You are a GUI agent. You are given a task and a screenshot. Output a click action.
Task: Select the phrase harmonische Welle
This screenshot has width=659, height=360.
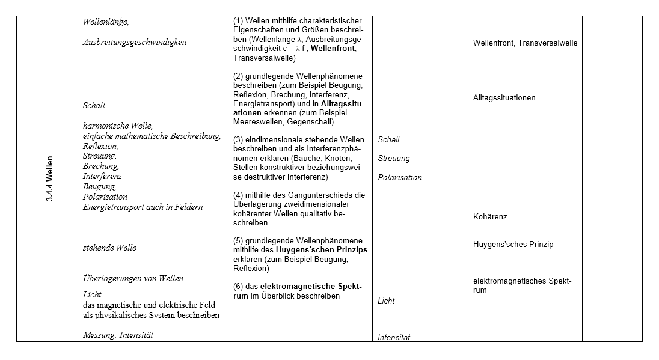click(118, 126)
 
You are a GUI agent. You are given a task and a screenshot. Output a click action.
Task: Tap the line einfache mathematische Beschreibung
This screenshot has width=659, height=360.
click(152, 136)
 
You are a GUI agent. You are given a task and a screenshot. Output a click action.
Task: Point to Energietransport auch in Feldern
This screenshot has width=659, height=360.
click(143, 207)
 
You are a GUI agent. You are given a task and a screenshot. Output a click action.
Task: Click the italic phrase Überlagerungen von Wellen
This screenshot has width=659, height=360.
click(133, 278)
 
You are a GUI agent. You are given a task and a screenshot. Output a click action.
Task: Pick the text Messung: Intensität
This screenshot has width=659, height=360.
click(118, 335)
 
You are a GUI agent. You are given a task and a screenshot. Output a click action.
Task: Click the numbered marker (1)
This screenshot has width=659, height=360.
click(238, 20)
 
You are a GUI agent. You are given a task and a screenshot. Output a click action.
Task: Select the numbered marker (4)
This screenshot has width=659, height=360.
click(238, 195)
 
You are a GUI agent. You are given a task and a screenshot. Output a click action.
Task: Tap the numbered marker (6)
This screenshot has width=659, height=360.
click(238, 286)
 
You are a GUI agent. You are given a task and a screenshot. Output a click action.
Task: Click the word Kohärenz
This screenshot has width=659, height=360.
click(490, 216)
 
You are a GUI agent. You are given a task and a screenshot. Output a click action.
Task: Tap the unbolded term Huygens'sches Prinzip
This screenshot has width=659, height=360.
click(513, 245)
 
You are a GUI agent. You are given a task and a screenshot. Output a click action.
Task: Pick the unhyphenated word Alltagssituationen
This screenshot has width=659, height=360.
click(504, 97)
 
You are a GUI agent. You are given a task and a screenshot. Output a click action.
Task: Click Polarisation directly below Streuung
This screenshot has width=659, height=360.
click(400, 177)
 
